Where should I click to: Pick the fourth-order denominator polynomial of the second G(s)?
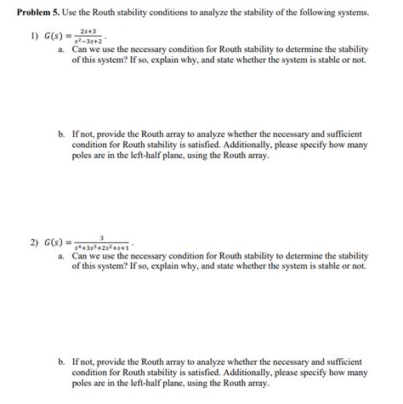point(102,248)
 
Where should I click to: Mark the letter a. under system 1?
point(62,50)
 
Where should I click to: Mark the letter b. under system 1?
point(62,134)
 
